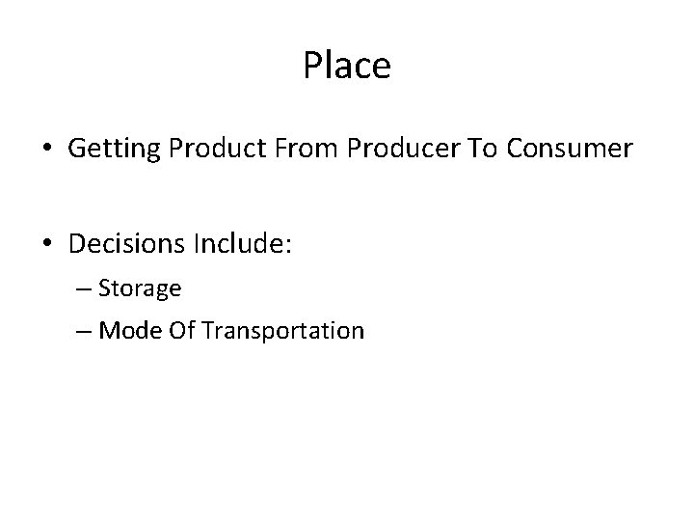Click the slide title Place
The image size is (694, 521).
347,66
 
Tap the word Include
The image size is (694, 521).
242,245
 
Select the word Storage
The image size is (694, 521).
140,288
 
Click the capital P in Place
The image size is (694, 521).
312,66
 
